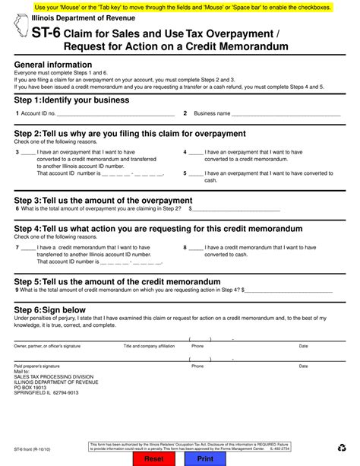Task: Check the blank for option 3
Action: click(28, 152)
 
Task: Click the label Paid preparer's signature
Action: click(39, 366)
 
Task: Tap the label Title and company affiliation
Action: click(149, 346)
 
